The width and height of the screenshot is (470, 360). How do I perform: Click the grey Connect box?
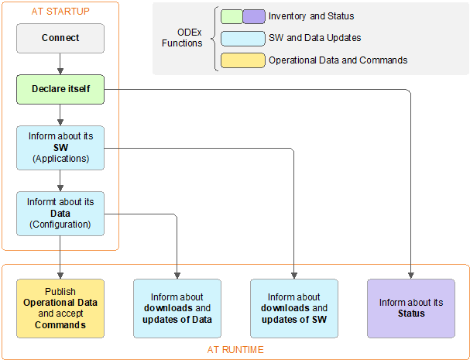click(60, 37)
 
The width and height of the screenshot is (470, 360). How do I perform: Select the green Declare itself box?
click(60, 89)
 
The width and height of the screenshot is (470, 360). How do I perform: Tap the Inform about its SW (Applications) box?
click(60, 147)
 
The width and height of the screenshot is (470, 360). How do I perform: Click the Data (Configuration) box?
click(60, 214)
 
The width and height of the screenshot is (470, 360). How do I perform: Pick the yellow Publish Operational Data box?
click(60, 308)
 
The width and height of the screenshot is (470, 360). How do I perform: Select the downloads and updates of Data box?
click(177, 308)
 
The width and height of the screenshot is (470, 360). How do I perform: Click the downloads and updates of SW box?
click(294, 308)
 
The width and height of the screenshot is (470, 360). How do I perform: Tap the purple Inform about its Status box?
click(411, 308)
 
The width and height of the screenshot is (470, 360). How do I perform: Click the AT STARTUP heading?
click(60, 11)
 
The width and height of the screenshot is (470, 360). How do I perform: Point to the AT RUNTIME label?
click(235, 350)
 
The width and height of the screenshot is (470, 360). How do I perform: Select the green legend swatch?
click(231, 16)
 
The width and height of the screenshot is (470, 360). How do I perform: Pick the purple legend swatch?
click(253, 16)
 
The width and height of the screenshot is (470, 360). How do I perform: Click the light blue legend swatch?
click(242, 38)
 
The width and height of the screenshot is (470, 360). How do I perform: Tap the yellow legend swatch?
click(242, 60)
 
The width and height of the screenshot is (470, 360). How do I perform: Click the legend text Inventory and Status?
click(311, 16)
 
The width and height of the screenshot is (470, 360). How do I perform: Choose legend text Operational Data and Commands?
click(338, 60)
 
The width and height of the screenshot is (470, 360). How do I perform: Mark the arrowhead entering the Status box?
click(411, 275)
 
